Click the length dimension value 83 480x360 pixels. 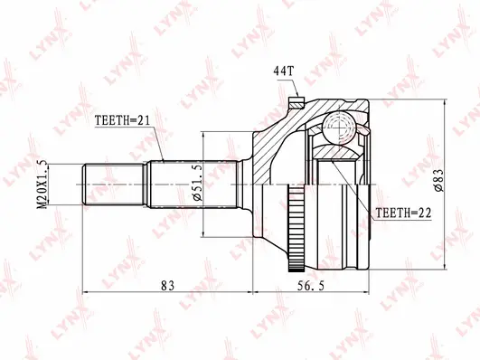point(166,287)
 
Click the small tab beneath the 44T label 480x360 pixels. point(297,99)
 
